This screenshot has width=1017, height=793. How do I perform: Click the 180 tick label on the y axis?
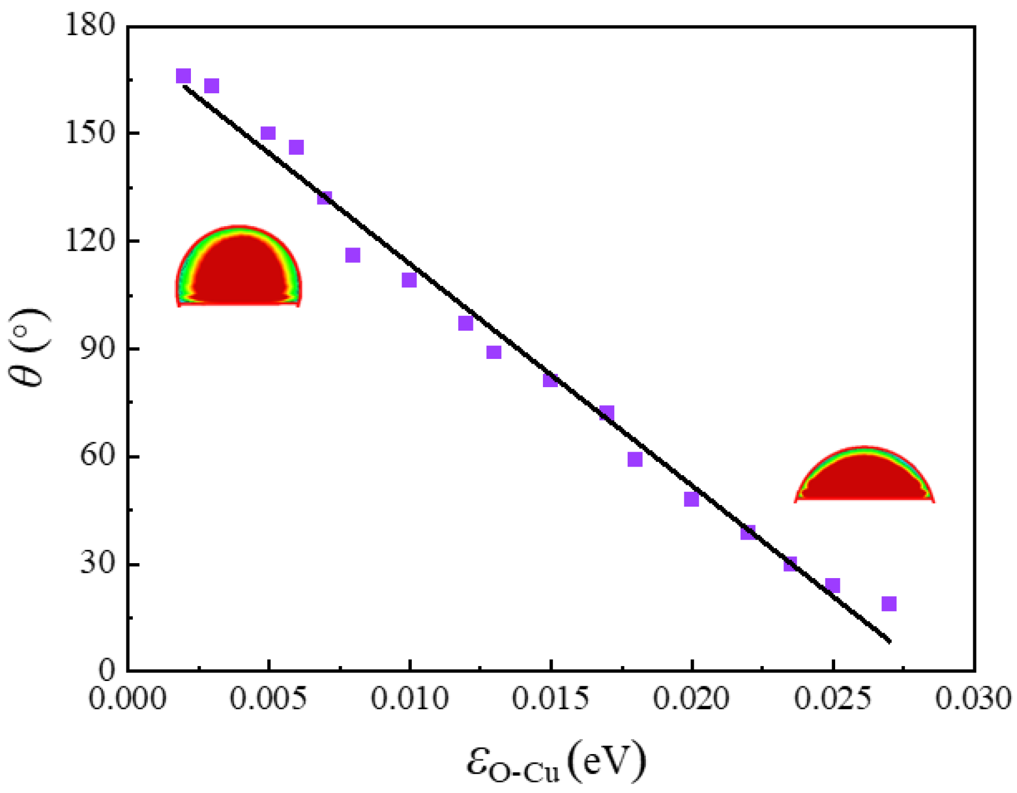(90, 25)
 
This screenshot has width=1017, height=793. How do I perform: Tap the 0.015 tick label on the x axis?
(550, 698)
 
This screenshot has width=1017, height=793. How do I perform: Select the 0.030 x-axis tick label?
(973, 698)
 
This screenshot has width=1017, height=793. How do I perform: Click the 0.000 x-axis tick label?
(127, 698)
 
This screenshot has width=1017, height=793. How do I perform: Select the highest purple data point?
(183, 76)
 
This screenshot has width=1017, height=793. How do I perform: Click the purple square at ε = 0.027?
(888, 604)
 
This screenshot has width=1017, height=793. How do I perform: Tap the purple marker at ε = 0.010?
(409, 279)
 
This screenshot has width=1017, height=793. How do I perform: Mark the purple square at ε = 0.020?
(691, 499)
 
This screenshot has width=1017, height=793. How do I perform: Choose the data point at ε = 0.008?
(353, 255)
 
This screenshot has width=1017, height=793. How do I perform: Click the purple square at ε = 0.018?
(635, 459)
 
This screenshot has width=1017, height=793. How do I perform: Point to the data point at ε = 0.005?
(268, 133)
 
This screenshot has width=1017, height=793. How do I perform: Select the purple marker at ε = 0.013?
(494, 352)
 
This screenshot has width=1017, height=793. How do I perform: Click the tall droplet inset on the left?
(238, 267)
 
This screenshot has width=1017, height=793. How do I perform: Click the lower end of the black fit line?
(889, 641)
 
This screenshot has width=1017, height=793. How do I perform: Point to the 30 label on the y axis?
(98, 564)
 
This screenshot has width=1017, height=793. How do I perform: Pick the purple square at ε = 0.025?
(832, 585)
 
